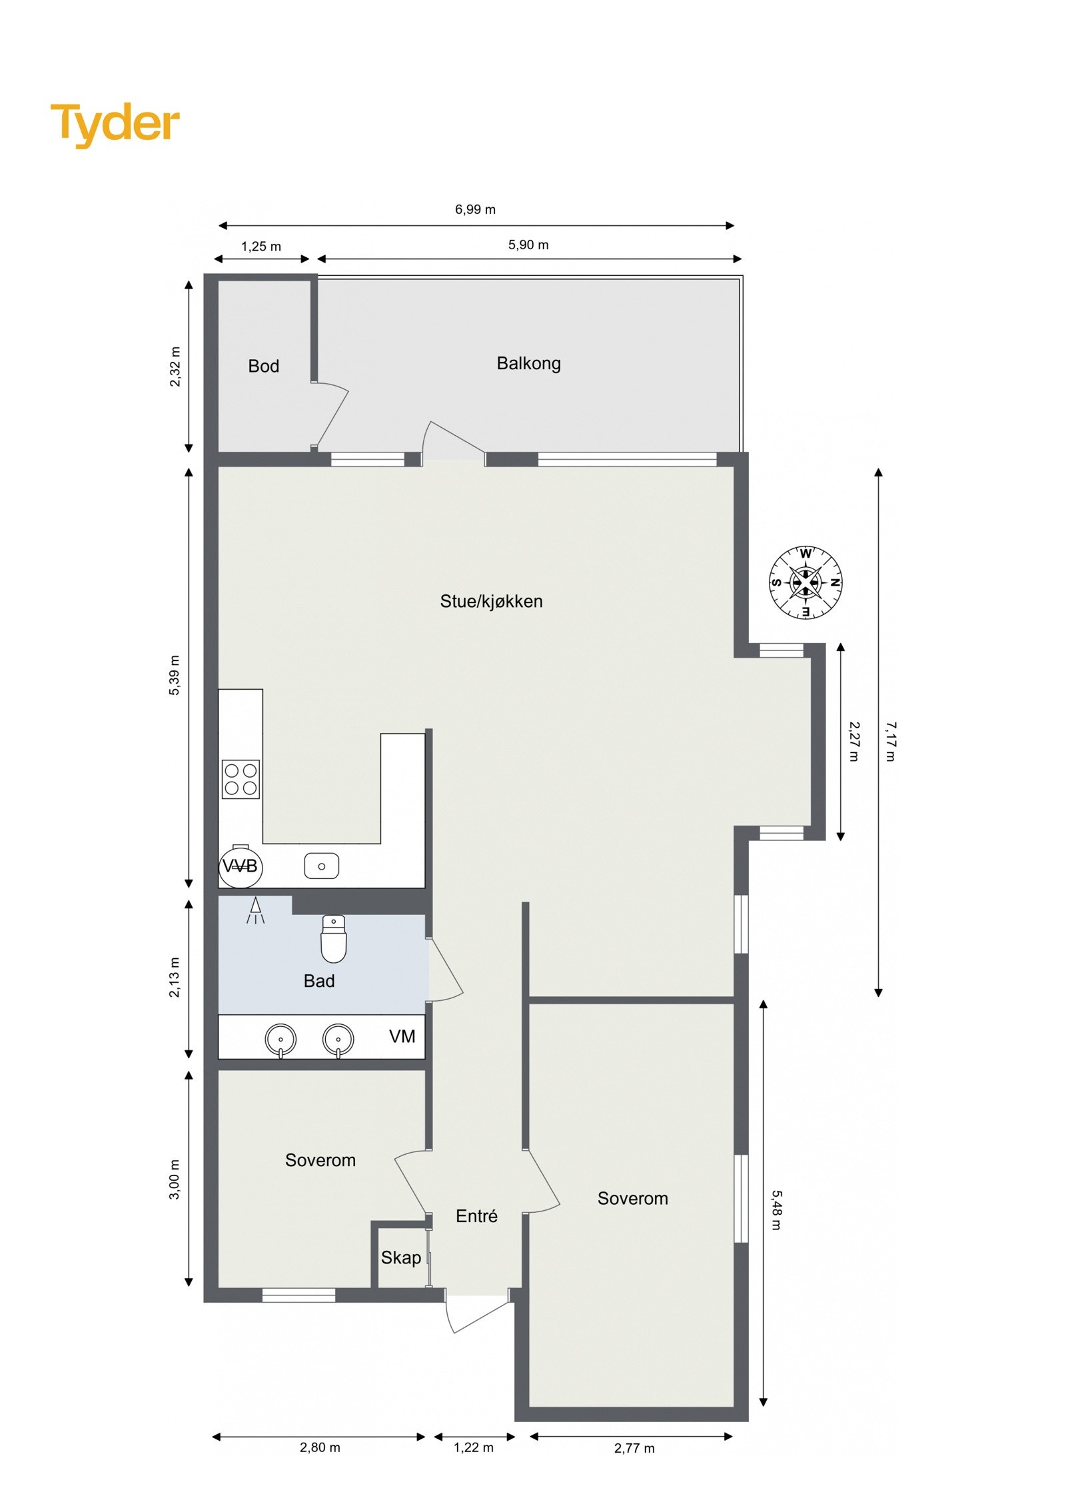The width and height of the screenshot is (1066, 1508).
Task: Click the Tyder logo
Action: click(115, 123)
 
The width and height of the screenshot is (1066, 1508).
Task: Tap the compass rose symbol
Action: click(805, 582)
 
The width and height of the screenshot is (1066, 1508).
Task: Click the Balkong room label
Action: click(528, 363)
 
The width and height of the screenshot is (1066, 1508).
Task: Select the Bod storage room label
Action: click(263, 366)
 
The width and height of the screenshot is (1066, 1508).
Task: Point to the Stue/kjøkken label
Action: click(491, 601)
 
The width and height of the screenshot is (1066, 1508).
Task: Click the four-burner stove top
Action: click(241, 779)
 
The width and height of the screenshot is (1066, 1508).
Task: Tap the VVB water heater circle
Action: click(240, 866)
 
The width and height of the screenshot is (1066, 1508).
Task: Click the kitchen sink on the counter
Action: click(321, 866)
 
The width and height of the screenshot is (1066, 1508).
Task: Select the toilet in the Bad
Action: click(334, 939)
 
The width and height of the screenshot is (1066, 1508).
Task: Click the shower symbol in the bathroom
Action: click(255, 910)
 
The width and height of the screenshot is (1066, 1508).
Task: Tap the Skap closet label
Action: click(400, 1257)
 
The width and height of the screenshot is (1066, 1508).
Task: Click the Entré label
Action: click(476, 1216)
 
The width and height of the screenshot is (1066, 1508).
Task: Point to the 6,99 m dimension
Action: click(475, 209)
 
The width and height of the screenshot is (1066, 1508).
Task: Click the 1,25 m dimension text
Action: click(261, 247)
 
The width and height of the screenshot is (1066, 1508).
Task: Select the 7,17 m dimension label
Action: click(891, 741)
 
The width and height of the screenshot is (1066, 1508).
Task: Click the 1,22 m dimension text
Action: click(474, 1447)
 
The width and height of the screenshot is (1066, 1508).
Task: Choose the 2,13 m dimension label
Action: click(175, 978)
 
